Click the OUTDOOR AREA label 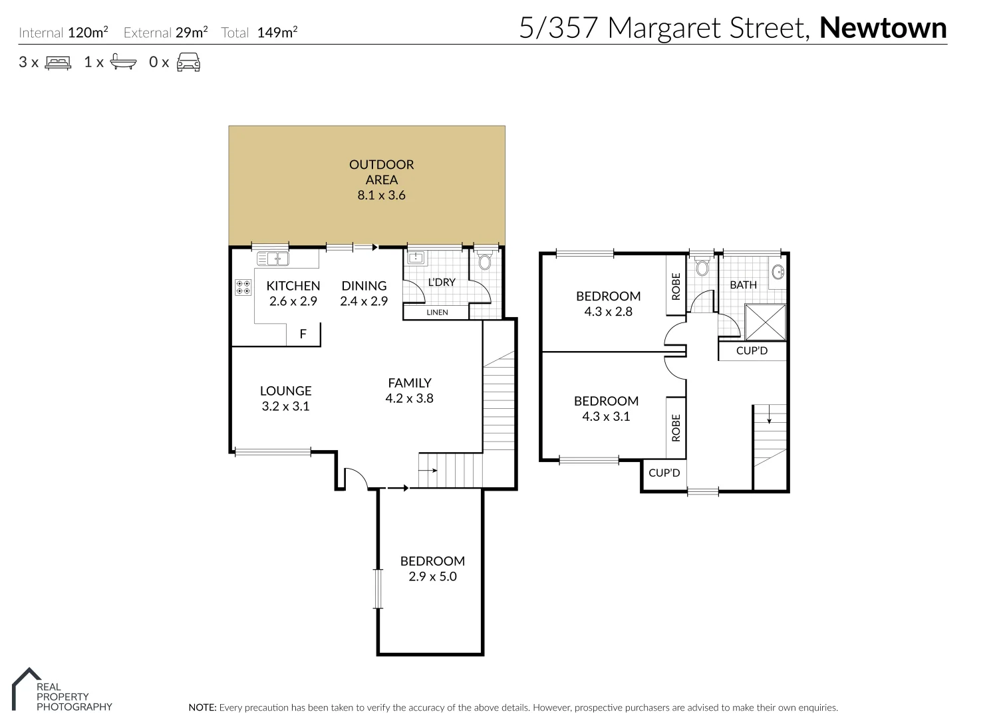click(x=381, y=172)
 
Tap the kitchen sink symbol click(x=273, y=259)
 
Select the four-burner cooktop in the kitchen click(x=243, y=287)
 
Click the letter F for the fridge click(x=303, y=334)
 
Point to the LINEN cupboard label click(x=437, y=312)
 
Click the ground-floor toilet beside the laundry click(x=484, y=262)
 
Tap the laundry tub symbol click(x=416, y=258)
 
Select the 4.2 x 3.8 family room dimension click(x=409, y=398)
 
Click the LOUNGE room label click(x=285, y=391)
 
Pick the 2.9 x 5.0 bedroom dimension click(x=432, y=576)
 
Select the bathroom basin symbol click(x=778, y=272)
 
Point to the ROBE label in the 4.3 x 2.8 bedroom click(x=676, y=286)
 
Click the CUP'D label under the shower click(x=752, y=350)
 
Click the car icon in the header click(x=188, y=62)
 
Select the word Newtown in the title click(x=883, y=28)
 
